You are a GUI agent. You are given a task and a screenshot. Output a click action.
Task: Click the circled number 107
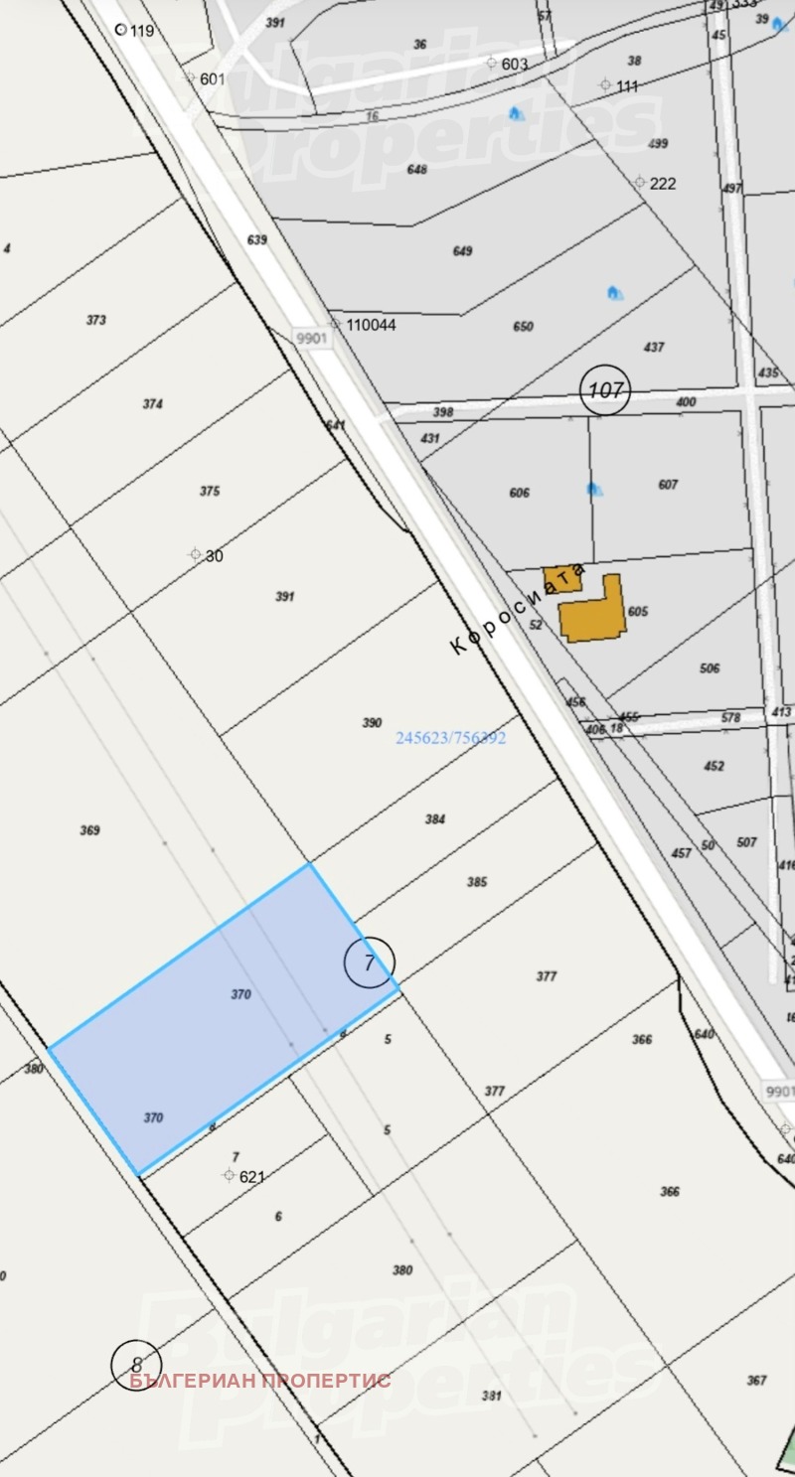coord(605,389)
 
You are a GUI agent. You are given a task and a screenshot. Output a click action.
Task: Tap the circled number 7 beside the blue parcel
coord(370,961)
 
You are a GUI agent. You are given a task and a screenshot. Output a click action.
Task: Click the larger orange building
coord(592,610)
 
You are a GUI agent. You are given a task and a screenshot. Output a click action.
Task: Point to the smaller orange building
coord(561,579)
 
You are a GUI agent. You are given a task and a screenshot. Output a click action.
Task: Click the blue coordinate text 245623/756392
coord(451,738)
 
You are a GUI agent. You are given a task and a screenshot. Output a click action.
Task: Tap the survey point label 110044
coord(370,325)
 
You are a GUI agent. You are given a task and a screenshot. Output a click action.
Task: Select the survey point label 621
coord(252,1176)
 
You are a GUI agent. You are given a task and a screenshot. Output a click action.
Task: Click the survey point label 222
coord(662,183)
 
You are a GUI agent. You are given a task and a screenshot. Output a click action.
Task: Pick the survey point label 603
coord(514,64)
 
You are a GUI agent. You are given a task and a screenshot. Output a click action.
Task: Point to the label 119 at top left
coord(142,31)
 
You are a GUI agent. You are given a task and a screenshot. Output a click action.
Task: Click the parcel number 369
coord(89,830)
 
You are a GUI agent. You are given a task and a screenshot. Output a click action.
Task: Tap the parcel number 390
coord(372,723)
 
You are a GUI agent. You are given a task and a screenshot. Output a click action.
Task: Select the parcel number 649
coord(462,251)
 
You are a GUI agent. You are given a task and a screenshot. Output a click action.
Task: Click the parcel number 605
coord(638,612)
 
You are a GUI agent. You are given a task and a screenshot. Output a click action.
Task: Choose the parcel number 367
coord(756,1380)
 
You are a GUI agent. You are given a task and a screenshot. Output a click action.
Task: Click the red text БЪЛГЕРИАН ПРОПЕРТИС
coord(259,1380)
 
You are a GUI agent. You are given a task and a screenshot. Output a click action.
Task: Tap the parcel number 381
coord(491,1395)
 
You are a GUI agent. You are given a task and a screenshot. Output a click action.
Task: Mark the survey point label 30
coord(214,555)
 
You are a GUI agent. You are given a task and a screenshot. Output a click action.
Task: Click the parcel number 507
coord(746,842)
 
